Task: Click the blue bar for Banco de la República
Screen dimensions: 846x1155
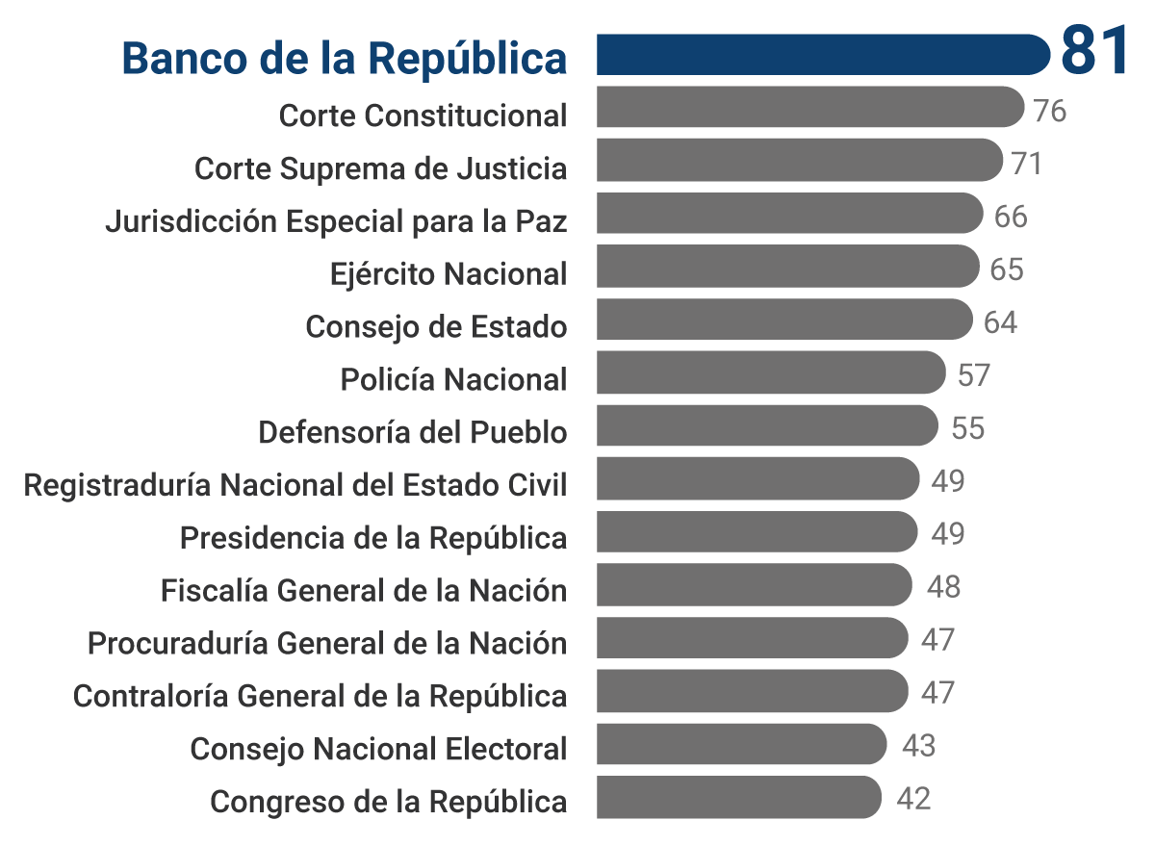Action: [823, 54]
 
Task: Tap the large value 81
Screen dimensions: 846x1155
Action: [1093, 51]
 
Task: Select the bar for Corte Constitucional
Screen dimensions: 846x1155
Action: [809, 107]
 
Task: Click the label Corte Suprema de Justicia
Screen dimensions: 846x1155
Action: [380, 168]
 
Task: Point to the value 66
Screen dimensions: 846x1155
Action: [1011, 217]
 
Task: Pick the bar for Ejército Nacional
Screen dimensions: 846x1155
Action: [787, 266]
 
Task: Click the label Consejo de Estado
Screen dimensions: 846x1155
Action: [436, 327]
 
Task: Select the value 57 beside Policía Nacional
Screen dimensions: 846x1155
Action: [974, 375]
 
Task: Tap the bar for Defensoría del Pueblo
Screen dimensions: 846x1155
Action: [767, 425]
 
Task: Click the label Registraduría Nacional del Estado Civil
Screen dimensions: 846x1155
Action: [295, 485]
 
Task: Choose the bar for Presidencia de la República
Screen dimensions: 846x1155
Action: [757, 531]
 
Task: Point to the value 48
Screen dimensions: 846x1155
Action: [943, 587]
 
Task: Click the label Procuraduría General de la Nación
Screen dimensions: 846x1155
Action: [327, 643]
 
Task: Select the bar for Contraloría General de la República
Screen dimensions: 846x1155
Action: [752, 691]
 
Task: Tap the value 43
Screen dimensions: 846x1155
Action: [918, 746]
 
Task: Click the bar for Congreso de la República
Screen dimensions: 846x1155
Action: [738, 797]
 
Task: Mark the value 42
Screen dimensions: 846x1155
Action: [913, 799]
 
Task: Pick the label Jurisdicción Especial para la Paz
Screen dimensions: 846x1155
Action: [336, 221]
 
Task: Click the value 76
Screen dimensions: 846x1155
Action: [1049, 111]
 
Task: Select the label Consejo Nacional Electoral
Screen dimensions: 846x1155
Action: [378, 749]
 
